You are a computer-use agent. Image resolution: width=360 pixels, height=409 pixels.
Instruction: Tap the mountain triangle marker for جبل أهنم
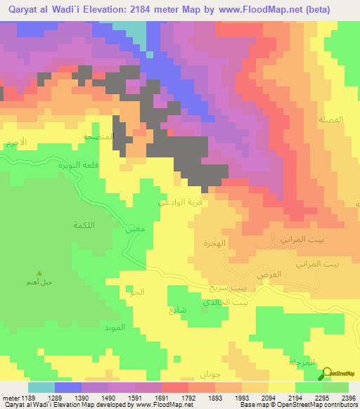39,273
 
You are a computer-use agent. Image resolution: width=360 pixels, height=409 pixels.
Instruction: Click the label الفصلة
331,120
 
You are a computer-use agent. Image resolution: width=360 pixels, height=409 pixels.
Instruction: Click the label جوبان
210,372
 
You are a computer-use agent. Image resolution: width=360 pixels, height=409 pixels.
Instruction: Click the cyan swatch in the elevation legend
41,387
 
